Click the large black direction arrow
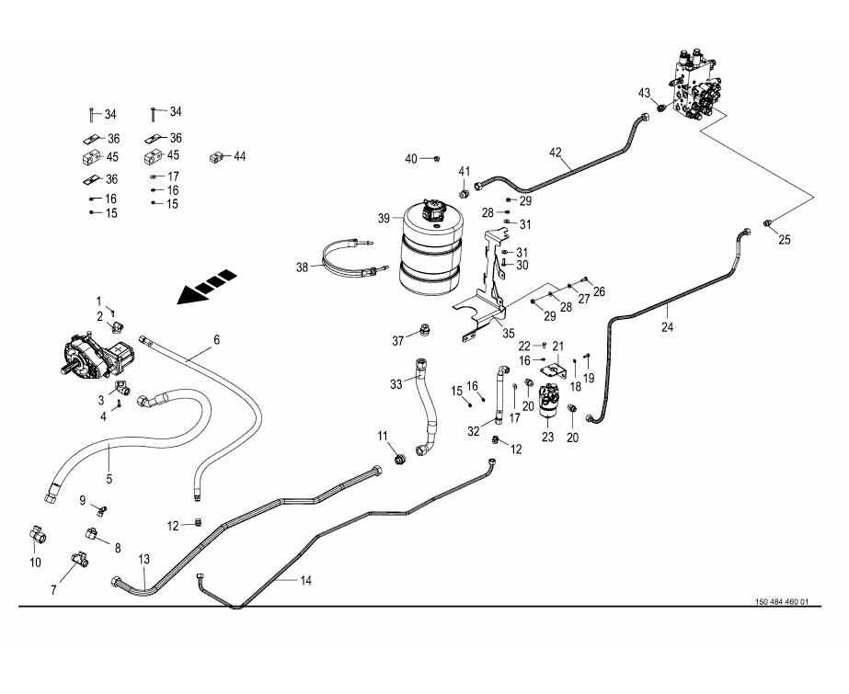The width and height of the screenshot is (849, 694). [x=206, y=289]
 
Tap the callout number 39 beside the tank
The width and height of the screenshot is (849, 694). [x=384, y=218]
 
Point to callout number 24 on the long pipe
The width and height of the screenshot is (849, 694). [x=668, y=326]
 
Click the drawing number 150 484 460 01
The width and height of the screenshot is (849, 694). [x=780, y=602]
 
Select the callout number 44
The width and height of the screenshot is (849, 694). [x=240, y=157]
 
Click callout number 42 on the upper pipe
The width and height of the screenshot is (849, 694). [x=555, y=153]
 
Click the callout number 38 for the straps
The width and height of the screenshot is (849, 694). [x=304, y=268]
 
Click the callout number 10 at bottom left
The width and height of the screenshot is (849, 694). [x=36, y=563]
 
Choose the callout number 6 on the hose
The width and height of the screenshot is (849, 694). [x=217, y=340]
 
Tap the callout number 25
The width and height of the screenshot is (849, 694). [x=785, y=241]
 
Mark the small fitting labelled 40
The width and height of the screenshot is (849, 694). [x=437, y=159]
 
